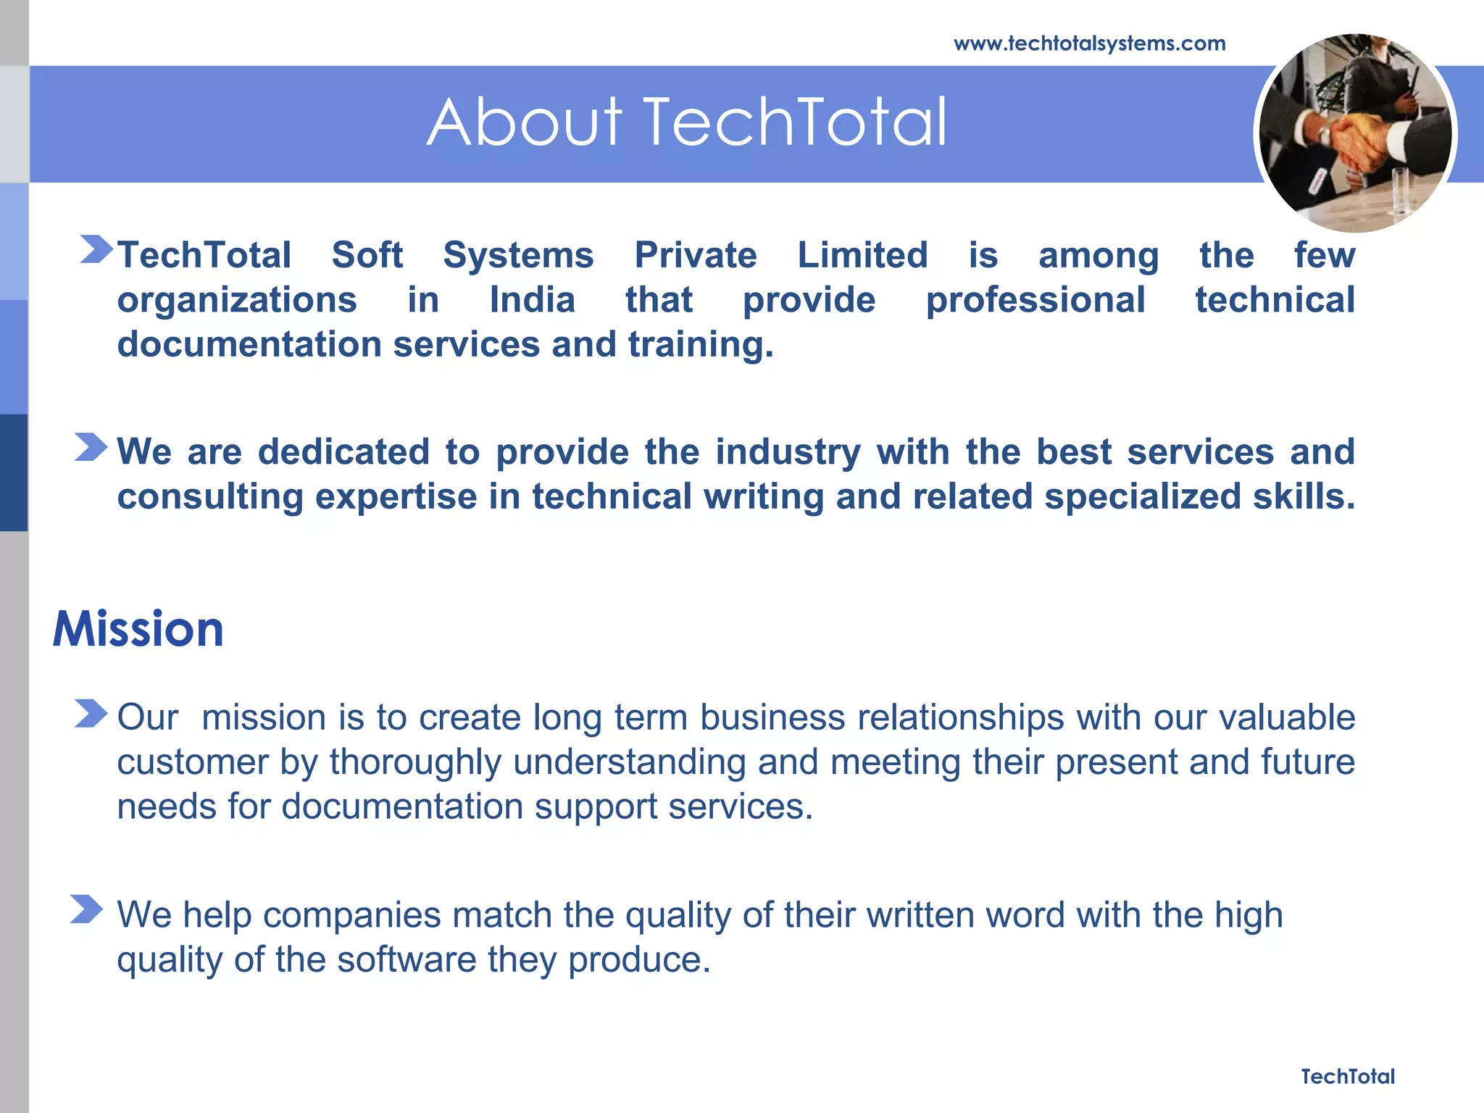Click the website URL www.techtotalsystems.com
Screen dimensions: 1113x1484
[x=1089, y=44]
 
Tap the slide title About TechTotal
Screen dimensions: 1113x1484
[x=686, y=122]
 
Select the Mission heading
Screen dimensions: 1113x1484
[x=138, y=628]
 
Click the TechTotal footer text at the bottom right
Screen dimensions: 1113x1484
[x=1347, y=1076]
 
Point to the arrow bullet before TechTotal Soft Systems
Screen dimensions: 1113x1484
[x=96, y=249]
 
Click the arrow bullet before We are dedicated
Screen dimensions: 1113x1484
[x=91, y=447]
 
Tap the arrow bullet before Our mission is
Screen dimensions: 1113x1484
[x=91, y=713]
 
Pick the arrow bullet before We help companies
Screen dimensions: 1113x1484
[x=87, y=909]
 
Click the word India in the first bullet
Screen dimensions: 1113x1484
[x=532, y=299]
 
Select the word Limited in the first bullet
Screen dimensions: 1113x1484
[x=862, y=255]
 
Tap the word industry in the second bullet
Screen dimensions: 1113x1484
[x=788, y=452]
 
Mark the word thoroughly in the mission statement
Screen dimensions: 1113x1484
[x=415, y=762]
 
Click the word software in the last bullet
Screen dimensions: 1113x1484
[x=407, y=959]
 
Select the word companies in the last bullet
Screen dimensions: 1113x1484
[x=351, y=914]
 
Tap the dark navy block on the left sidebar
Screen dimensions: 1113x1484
[x=14, y=472]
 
